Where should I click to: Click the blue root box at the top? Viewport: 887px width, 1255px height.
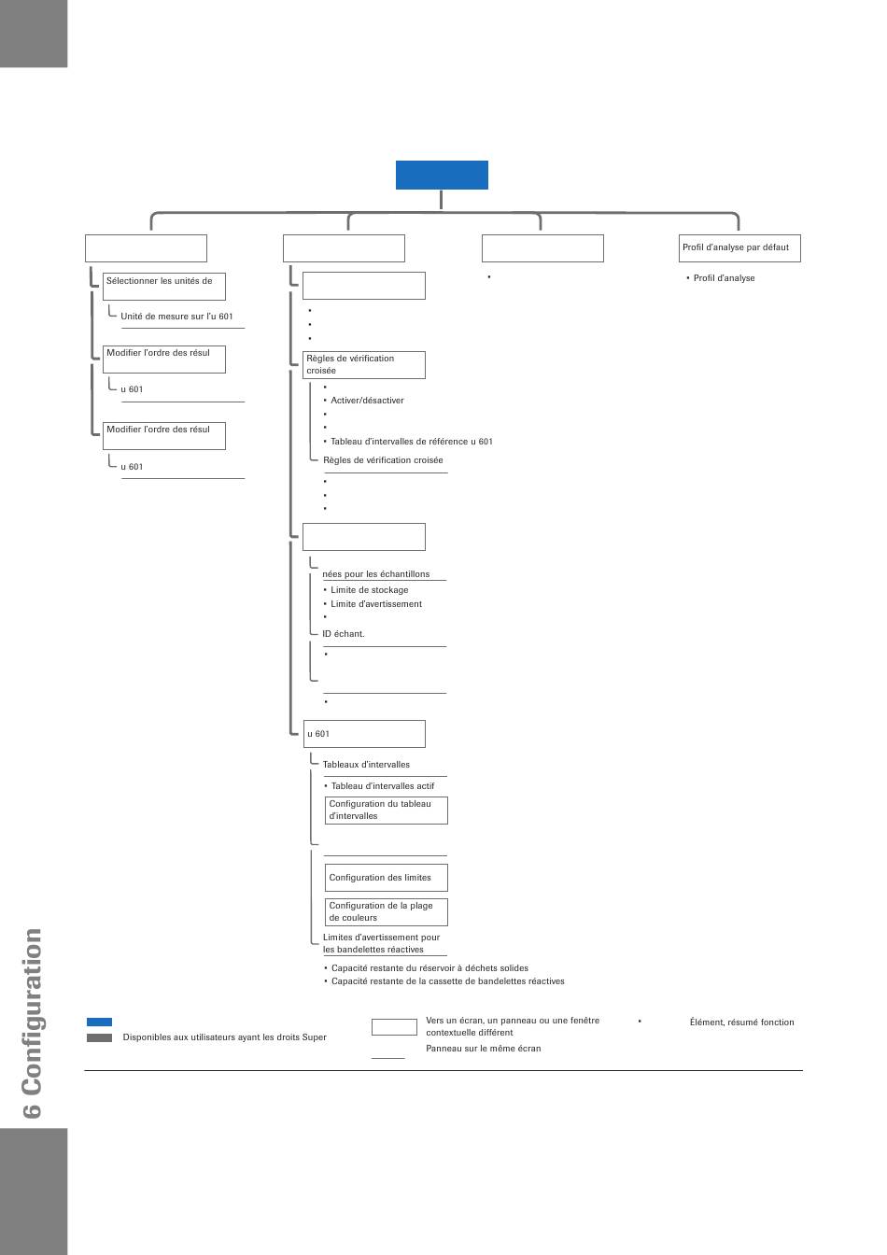442,175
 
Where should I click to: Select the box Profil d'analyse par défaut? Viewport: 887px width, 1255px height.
739,248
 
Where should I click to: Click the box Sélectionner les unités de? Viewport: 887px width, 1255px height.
164,287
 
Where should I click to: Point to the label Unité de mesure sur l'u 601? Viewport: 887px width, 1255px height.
176,316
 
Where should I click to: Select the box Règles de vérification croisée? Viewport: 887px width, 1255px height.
363,365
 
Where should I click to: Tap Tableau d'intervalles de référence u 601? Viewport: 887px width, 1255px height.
411,442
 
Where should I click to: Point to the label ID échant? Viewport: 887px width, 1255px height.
343,634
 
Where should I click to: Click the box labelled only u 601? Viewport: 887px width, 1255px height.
364,734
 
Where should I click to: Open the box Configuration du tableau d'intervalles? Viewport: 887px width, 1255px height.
386,811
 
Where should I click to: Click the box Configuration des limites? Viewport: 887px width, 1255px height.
386,878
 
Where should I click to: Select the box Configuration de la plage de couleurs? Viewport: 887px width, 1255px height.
386,912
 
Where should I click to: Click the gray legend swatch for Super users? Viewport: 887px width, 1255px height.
99,1037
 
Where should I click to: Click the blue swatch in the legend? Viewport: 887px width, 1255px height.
99,1022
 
